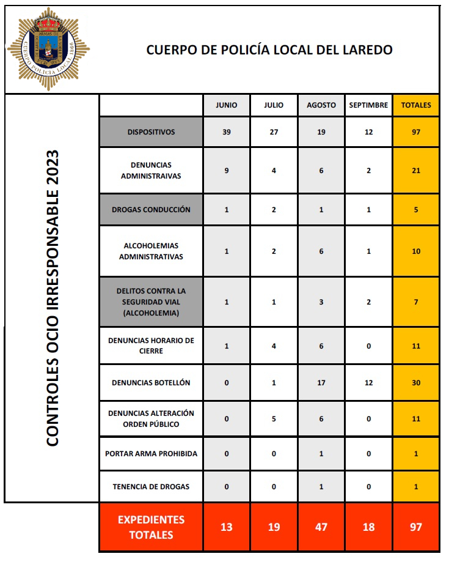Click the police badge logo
coord(47,50)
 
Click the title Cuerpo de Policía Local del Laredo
coord(269,50)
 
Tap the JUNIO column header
coord(227,105)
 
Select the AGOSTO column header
coord(321,105)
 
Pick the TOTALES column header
coord(416,105)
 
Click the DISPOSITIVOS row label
coord(151,131)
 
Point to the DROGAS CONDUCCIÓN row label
coord(151,210)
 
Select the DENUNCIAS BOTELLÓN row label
coord(151,383)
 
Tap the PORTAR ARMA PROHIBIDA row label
coord(151,454)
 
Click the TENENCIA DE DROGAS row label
coord(151,487)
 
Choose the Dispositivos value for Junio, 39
coord(227,131)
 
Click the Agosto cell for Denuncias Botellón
coord(321,383)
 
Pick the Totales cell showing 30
coord(416,383)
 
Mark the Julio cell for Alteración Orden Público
coord(274,419)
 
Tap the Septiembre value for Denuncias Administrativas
coord(368,171)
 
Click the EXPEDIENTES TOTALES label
coord(151,527)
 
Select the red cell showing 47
coord(321,527)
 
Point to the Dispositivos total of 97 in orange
coord(416,131)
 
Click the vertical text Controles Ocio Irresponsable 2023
coord(53,298)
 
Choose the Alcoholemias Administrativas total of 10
coord(416,251)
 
